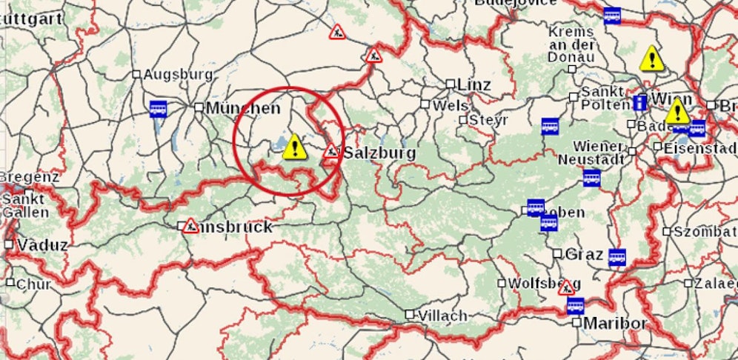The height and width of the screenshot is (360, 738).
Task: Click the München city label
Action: point(243,108)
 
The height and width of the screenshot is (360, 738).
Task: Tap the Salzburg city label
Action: point(379,153)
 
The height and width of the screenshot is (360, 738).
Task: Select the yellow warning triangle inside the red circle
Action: point(294,147)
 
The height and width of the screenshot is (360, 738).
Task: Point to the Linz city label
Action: point(474,85)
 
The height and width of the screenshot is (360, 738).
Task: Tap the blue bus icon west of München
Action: point(158,109)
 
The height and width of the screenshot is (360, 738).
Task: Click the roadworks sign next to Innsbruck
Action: point(190,226)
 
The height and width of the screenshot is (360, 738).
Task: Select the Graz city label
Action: point(584,254)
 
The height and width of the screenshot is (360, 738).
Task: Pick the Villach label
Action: point(442,316)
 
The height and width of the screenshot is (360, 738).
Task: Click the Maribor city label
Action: point(615,324)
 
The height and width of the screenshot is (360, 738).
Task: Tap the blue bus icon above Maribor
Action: point(575,305)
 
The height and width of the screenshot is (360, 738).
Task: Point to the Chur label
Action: point(34,284)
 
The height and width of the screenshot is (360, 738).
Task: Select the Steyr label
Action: point(490,119)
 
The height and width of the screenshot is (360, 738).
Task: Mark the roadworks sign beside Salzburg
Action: point(330,153)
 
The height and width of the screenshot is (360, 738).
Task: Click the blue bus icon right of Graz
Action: point(616,257)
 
